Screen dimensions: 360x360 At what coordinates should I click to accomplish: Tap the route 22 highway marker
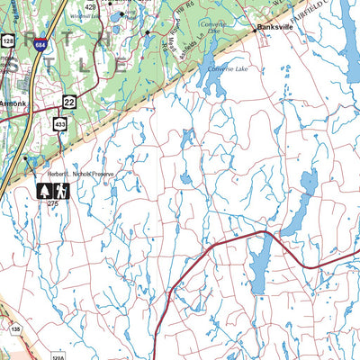68,102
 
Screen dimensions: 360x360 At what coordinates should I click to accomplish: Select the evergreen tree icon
42,191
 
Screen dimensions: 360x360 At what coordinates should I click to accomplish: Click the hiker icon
60,191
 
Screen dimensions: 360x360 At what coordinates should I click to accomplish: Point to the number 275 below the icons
52,205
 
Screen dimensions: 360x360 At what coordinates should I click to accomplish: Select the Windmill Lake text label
82,16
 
